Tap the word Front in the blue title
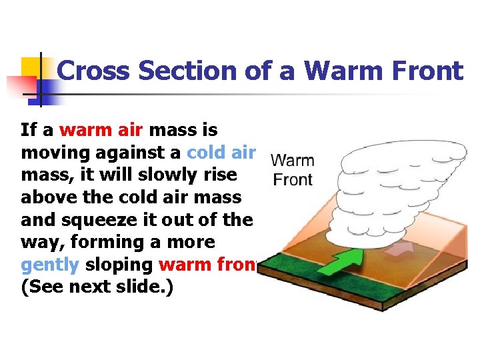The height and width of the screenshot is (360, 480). (423, 71)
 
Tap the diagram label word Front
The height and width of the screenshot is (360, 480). (293, 179)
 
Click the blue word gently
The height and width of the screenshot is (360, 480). (50, 265)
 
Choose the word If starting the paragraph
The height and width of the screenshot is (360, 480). (29, 129)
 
